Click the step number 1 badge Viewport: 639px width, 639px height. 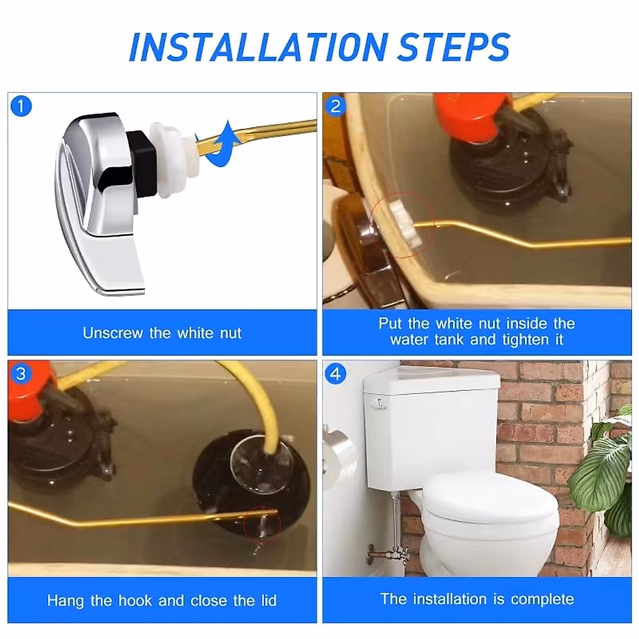[21, 106]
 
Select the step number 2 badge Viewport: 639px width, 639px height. [335, 106]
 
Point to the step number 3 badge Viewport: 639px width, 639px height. [21, 374]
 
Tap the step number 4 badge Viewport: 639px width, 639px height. [335, 374]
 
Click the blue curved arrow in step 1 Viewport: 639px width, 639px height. [217, 146]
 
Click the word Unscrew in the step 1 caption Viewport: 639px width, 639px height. [113, 333]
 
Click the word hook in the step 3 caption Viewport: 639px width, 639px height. [135, 601]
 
